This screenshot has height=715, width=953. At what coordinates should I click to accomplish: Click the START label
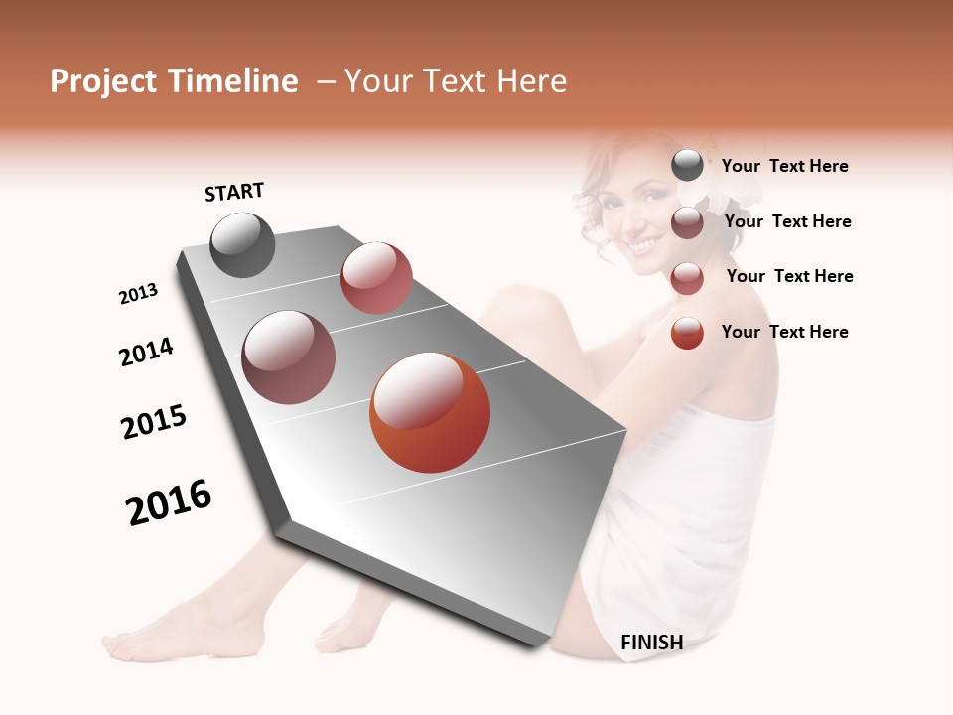pos(234,192)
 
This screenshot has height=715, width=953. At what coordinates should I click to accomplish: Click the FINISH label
pos(651,643)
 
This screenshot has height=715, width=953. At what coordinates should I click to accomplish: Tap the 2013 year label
pos(138,294)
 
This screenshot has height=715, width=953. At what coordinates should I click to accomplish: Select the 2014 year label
pos(146,352)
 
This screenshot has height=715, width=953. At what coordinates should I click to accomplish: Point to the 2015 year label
pos(154,422)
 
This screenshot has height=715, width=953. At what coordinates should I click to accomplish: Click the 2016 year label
pos(169,502)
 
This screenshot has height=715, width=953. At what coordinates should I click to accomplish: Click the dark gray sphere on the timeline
pos(242,244)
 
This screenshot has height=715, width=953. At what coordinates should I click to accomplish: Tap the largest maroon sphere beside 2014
pos(288,357)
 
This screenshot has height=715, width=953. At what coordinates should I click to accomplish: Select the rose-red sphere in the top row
pos(376,278)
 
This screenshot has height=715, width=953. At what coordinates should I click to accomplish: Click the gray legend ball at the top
pos(687,165)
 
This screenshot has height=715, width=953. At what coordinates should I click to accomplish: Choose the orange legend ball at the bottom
pos(687,333)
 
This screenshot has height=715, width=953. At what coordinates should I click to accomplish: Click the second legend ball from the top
pos(687,222)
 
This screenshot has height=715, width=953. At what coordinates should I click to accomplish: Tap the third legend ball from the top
pos(687,278)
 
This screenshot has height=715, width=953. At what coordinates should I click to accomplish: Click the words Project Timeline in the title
pos(174,81)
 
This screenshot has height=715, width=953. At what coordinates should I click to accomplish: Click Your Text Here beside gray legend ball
pos(784,166)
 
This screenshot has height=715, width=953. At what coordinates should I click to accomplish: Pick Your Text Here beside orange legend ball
pos(784,332)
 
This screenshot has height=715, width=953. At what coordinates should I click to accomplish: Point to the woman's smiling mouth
pos(643,243)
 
